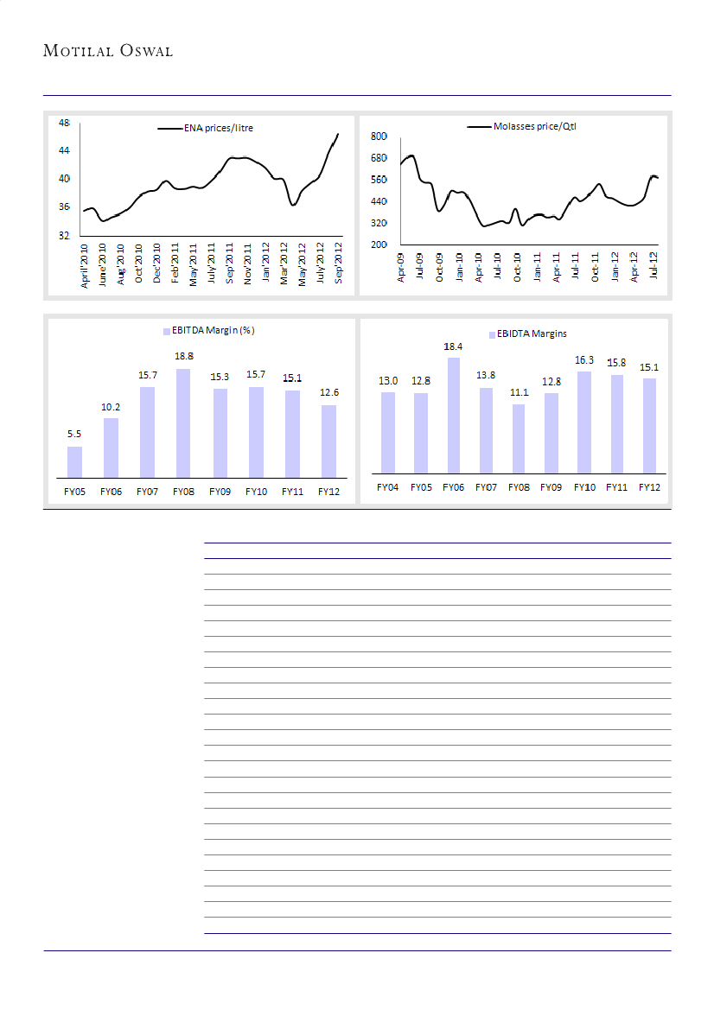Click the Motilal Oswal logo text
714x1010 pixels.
click(x=108, y=51)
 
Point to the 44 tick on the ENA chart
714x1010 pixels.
click(x=64, y=150)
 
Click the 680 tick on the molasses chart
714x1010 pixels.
click(x=377, y=158)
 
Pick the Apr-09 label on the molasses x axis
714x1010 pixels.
click(x=401, y=268)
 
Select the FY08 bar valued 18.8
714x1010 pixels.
click(x=183, y=422)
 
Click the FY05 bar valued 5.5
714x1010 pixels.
click(x=74, y=461)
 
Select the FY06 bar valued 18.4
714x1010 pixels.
click(x=454, y=415)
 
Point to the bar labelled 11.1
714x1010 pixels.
click(x=519, y=438)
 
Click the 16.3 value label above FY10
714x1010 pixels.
click(x=584, y=360)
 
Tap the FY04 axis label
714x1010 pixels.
click(x=388, y=487)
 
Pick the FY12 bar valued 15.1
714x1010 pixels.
click(x=650, y=425)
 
